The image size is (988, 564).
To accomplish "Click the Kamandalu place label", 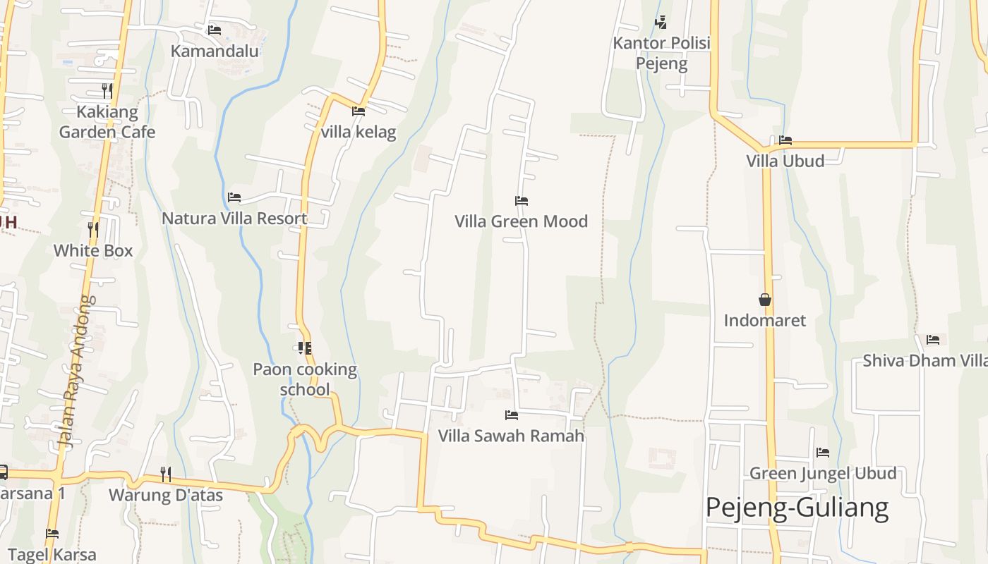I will [215, 51].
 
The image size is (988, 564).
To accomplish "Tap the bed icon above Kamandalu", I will [215, 30].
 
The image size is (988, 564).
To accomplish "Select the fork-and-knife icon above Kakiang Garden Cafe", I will [107, 91].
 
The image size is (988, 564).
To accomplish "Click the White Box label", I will [93, 250].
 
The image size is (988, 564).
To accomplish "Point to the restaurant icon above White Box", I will [92, 229].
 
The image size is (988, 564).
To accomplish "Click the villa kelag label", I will [359, 132].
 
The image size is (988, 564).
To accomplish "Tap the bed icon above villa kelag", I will [359, 111].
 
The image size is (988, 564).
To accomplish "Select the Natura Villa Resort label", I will [234, 218].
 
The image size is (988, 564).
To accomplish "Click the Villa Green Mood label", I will [521, 221].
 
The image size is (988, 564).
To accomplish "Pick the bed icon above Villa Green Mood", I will [522, 201].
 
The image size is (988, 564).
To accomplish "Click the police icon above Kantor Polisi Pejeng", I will [661, 23].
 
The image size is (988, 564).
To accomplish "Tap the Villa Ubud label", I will [785, 161].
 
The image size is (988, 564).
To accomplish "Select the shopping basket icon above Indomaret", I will [765, 300].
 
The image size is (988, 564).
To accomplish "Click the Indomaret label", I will [764, 320].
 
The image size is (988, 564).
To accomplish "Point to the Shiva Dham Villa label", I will [924, 361].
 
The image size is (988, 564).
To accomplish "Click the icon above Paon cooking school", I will [305, 348].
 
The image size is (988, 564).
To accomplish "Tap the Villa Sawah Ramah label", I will [511, 436].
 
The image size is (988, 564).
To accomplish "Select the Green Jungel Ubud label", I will [823, 473].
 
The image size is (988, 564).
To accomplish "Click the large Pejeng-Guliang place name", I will [797, 508].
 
